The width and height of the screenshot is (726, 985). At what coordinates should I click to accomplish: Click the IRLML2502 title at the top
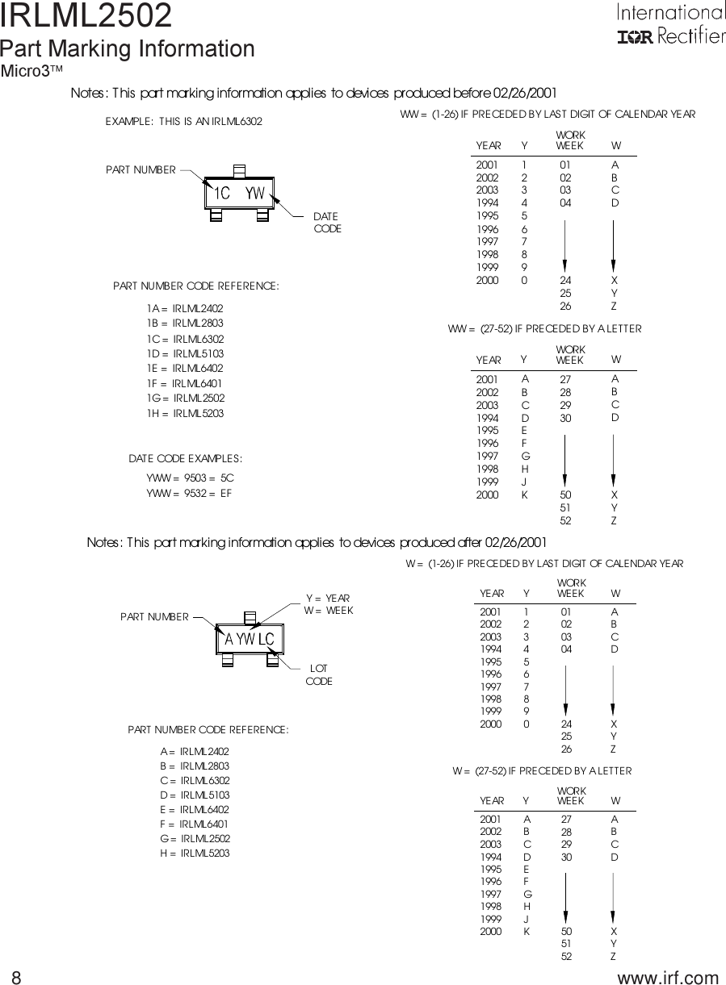tap(86, 16)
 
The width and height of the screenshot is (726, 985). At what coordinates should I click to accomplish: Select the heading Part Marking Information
tap(128, 49)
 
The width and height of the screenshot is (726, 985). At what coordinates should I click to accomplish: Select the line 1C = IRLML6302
tap(185, 339)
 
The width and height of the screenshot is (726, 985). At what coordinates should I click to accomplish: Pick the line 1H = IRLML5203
tap(185, 413)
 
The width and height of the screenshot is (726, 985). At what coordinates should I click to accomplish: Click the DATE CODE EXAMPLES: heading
tap(186, 459)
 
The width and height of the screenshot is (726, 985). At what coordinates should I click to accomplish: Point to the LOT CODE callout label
tap(319, 675)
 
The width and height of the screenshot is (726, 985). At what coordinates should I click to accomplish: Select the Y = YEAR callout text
tap(328, 599)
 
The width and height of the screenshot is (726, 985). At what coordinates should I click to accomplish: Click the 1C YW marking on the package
tap(240, 194)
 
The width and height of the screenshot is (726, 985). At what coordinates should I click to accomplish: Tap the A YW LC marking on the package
tap(250, 640)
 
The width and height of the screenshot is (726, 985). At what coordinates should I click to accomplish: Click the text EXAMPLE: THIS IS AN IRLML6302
tap(184, 122)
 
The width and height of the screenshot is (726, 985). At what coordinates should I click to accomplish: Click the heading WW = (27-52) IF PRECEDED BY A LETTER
tap(544, 329)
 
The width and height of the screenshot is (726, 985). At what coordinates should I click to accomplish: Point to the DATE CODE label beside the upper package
tap(327, 223)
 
